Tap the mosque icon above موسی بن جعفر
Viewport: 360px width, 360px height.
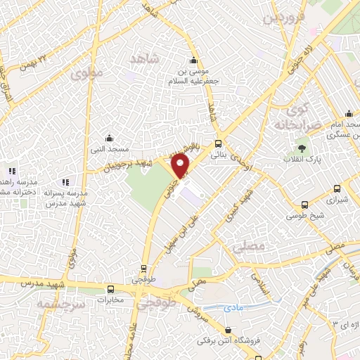(193, 60)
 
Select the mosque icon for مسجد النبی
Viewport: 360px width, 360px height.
(108, 137)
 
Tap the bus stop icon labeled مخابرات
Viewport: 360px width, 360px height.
(110, 289)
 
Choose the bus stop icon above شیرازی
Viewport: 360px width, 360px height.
(337, 188)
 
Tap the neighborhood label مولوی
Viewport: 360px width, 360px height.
(86, 72)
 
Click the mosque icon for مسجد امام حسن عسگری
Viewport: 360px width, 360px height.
(348, 113)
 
